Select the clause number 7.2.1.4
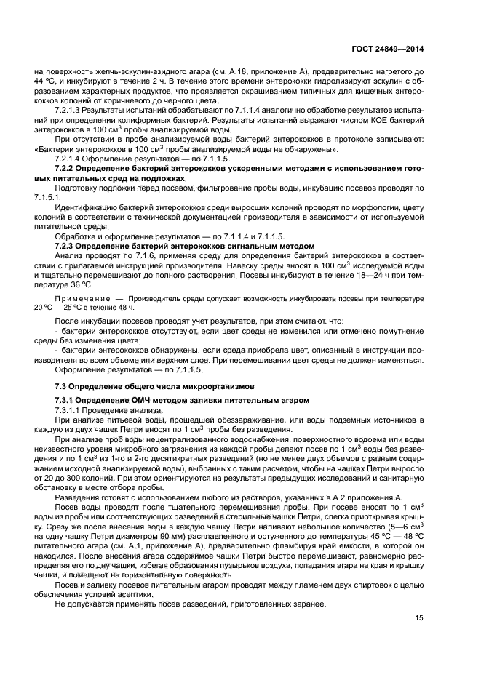pos(71,158)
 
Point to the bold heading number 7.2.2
pos(67,168)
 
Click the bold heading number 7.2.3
pos(67,247)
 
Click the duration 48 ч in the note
pos(125,308)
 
